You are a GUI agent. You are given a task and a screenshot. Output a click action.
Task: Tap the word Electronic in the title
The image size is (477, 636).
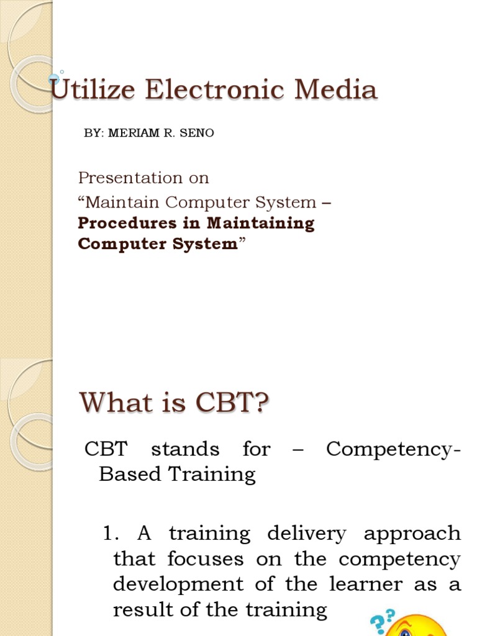coord(215,90)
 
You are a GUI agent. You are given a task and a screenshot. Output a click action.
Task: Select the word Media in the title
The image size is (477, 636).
coord(336,90)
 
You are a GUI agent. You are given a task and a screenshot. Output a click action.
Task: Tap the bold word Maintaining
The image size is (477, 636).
coord(261,223)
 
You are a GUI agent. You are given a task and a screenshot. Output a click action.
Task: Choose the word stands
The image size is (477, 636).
coord(186,449)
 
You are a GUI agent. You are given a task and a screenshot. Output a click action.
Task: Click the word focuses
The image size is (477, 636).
coord(204,559)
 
